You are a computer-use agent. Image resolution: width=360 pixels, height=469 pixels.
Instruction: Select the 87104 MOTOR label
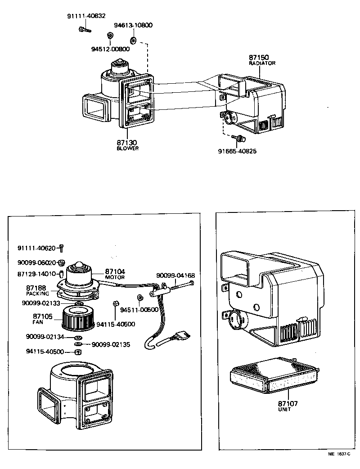point(115,274)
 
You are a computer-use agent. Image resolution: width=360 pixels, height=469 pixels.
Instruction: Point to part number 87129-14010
point(36,274)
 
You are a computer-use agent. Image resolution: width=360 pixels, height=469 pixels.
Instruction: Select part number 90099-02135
point(111,344)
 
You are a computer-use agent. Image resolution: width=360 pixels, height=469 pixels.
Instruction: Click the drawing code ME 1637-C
point(338,455)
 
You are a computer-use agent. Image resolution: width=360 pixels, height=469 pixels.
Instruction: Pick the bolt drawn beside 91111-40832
point(84,30)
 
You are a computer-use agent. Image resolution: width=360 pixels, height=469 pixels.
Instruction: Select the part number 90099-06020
point(36,262)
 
